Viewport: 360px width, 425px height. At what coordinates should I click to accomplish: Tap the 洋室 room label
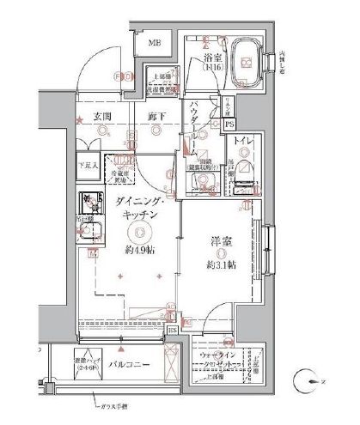coord(218,243)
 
